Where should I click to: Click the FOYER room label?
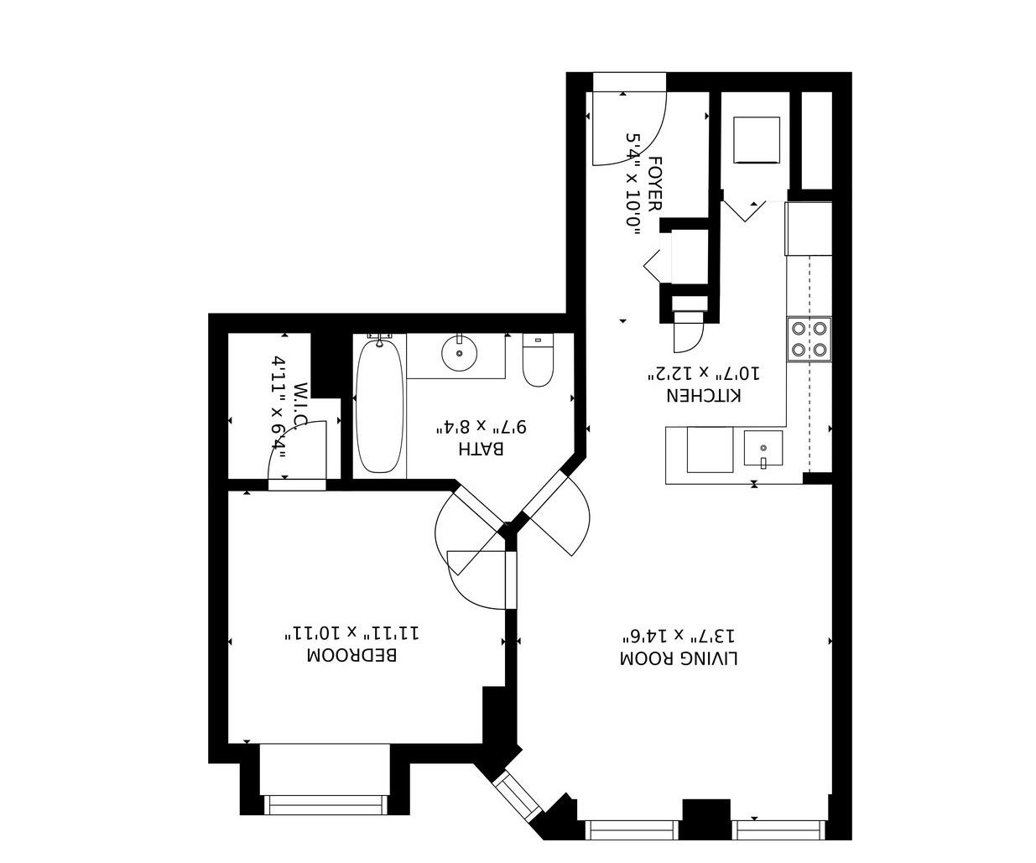tap(655, 184)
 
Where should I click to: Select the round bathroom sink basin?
tap(459, 353)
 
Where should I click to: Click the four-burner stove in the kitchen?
tap(809, 339)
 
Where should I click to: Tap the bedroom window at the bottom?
tap(325, 804)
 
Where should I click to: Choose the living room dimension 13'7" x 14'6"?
tap(679, 636)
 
